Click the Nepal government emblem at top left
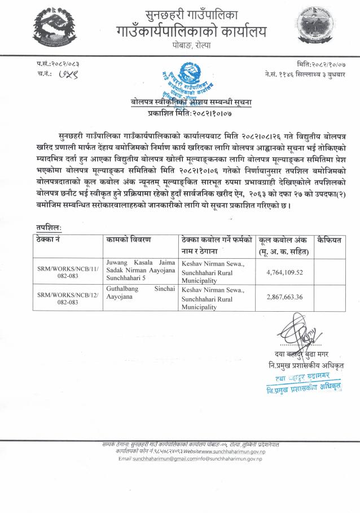(x=52, y=30)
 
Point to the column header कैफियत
(x=330, y=240)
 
